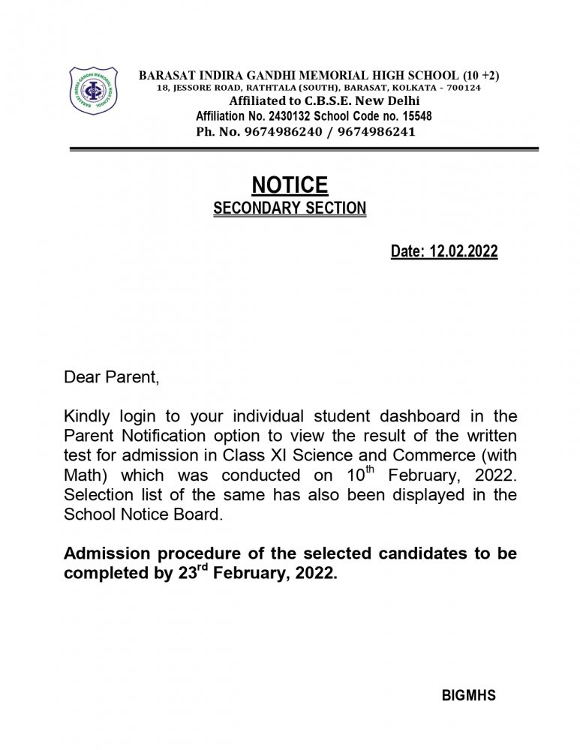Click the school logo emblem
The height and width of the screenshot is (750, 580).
coord(93,91)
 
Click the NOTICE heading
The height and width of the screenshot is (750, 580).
coord(290,185)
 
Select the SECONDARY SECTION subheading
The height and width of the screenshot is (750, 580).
coord(290,208)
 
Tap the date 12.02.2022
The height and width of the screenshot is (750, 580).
coord(464,253)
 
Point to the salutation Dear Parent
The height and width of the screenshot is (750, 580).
coord(111,376)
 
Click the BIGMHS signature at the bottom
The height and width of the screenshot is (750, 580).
coord(470,695)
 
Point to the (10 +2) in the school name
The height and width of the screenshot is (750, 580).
coord(480,75)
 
